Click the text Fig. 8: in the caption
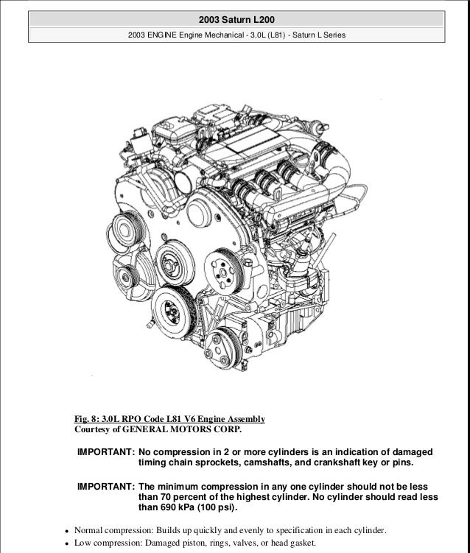pyautogui.click(x=90, y=419)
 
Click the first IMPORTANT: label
pyautogui.click(x=106, y=451)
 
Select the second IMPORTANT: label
pyautogui.click(x=106, y=487)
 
